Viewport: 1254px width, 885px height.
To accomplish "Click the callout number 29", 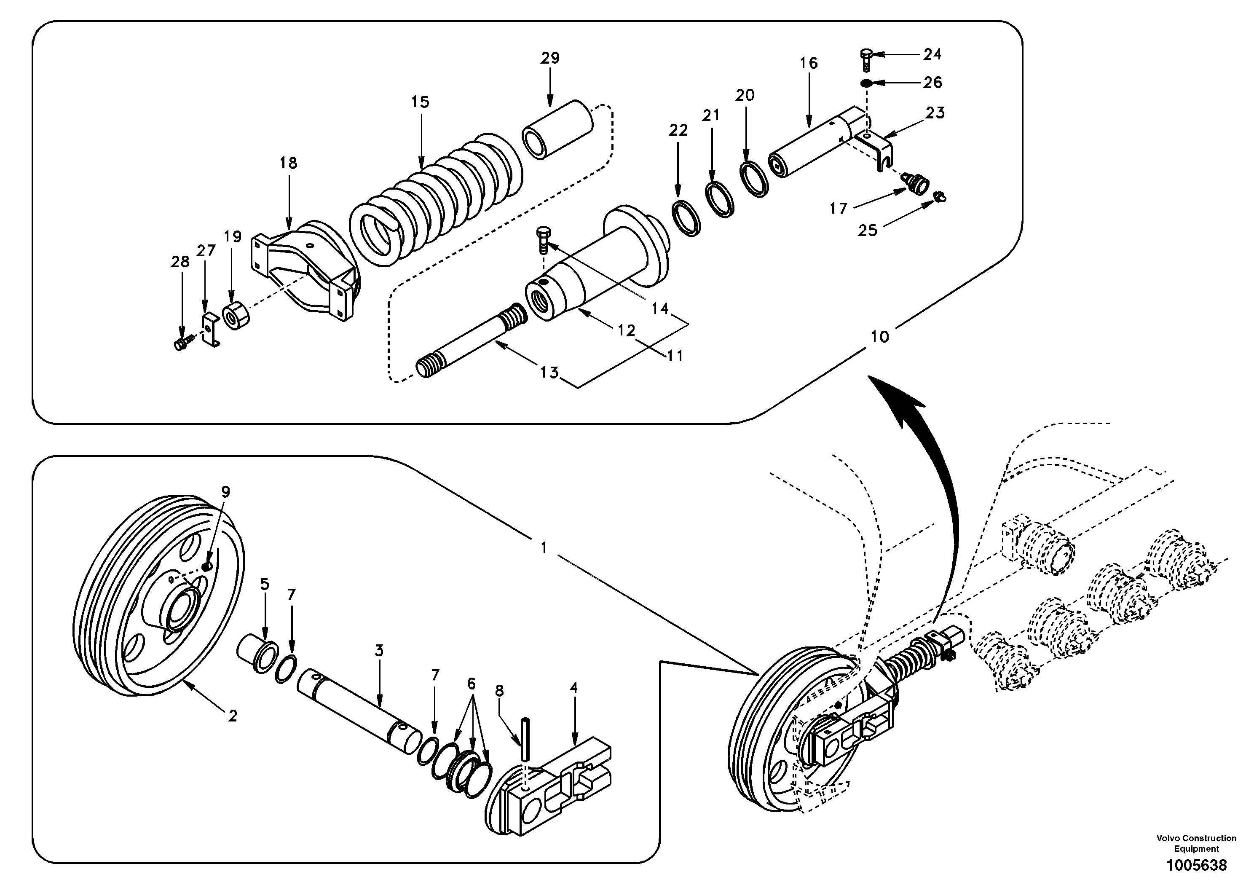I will click(550, 58).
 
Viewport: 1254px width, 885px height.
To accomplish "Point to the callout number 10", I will click(879, 337).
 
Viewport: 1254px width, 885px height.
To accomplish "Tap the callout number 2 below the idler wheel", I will click(233, 716).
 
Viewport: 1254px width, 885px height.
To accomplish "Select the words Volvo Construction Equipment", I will click(1196, 843).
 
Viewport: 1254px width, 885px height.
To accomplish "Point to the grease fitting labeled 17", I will click(916, 182).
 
